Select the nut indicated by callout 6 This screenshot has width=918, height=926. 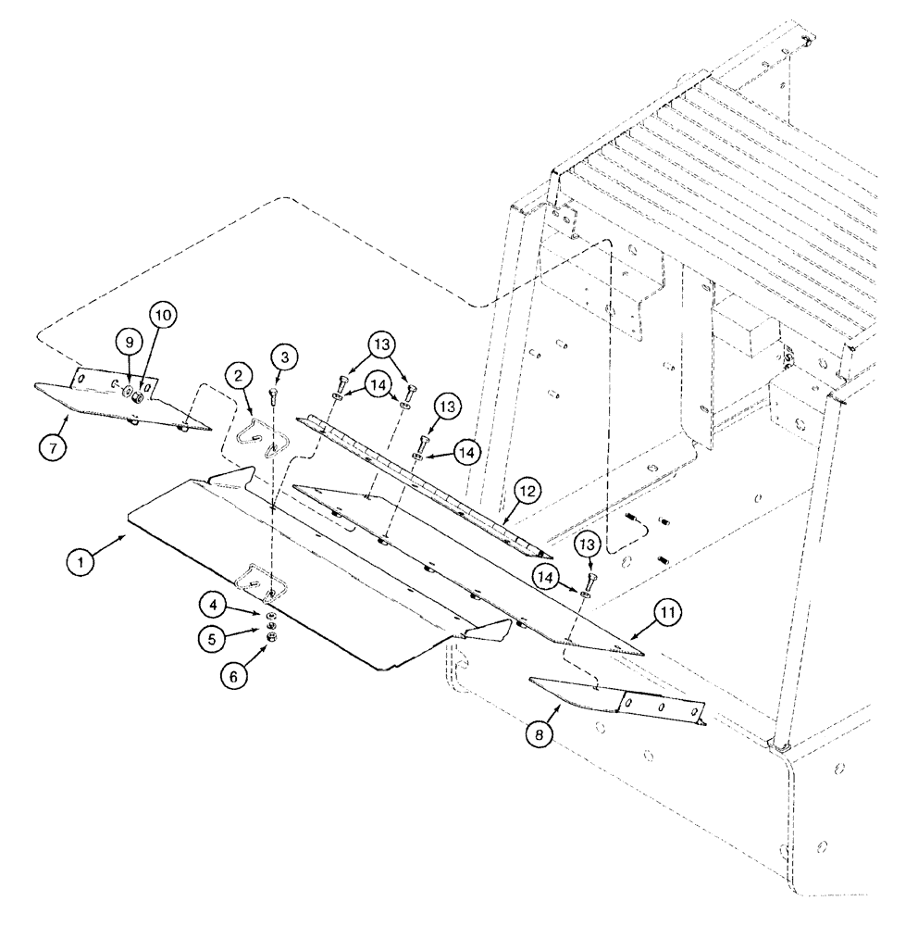[271, 638]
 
